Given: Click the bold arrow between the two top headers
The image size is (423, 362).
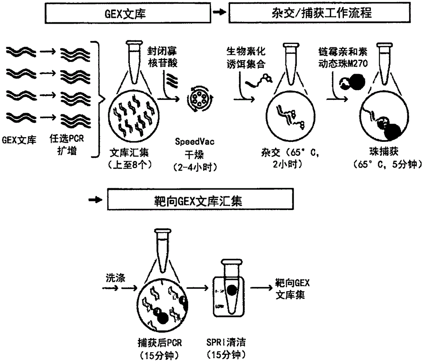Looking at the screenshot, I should [219, 13].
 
